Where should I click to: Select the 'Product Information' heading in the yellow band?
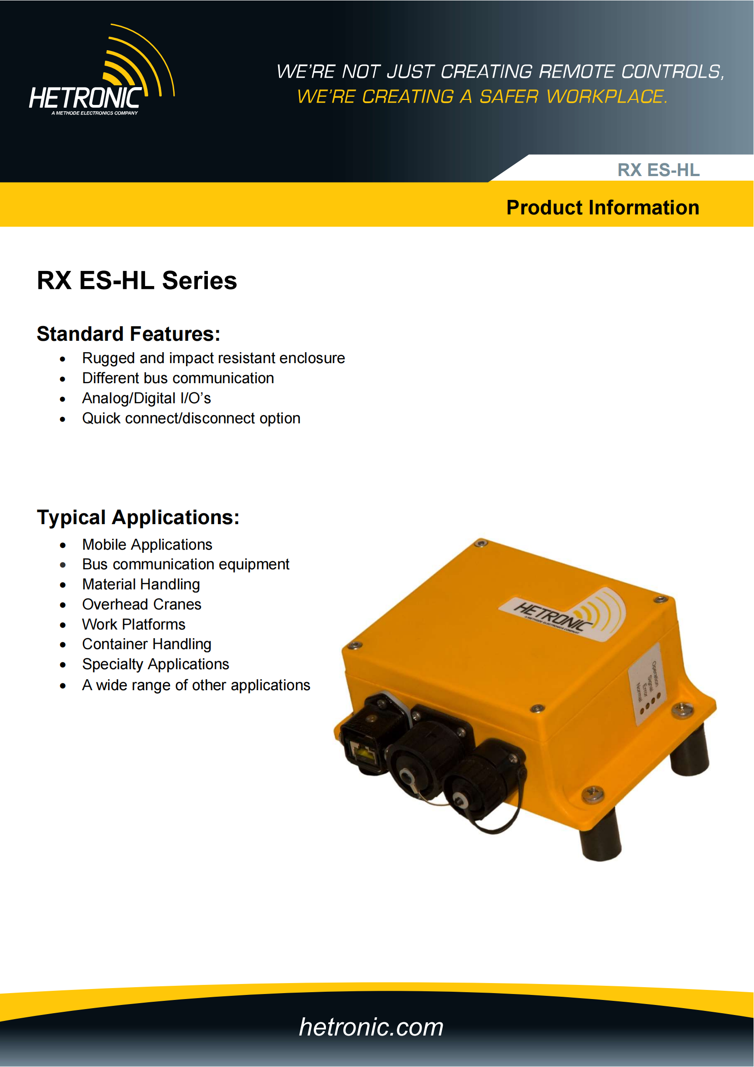(x=602, y=207)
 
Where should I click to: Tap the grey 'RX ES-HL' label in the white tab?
(x=658, y=170)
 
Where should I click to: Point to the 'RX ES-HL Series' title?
(x=136, y=281)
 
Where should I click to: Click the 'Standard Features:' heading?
(x=128, y=333)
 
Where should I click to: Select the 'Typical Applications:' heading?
(x=138, y=517)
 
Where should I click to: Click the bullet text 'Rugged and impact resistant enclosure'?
(x=213, y=358)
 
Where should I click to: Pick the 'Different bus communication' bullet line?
(x=178, y=378)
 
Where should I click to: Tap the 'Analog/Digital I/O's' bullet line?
(x=146, y=398)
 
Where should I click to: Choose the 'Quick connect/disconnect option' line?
(x=191, y=418)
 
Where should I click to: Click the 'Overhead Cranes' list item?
(x=142, y=604)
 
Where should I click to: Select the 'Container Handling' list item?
(x=147, y=644)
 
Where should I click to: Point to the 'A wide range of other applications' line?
(x=196, y=685)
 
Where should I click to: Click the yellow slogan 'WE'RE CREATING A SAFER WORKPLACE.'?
(x=482, y=97)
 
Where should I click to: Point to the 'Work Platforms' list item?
(x=134, y=624)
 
